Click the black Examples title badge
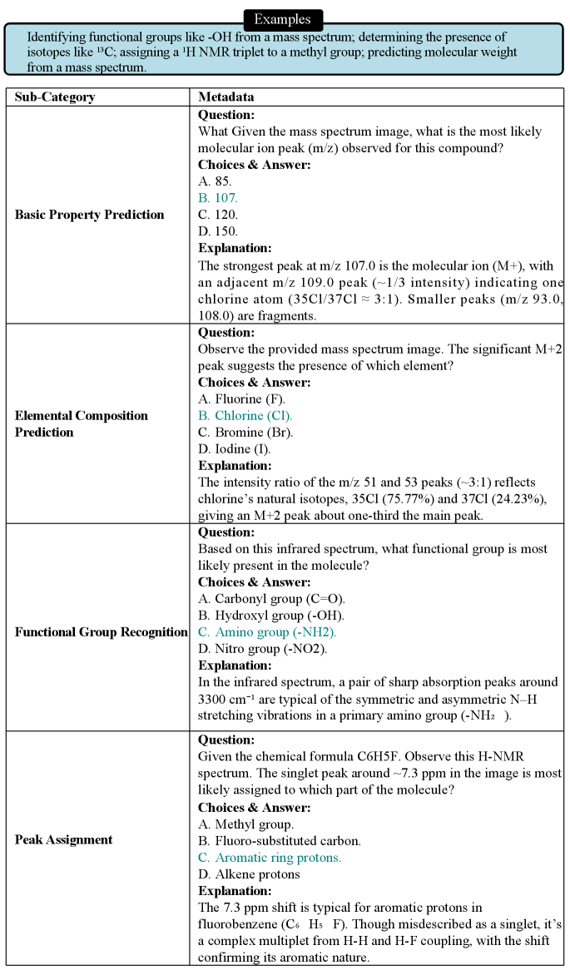point(282,19)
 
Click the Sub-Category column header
point(55,97)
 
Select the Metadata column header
point(226,97)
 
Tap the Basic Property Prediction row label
point(90,215)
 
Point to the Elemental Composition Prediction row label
point(82,423)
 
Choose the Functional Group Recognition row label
point(101,632)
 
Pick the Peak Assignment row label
point(64,839)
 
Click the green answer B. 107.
point(218,198)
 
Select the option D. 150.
point(218,231)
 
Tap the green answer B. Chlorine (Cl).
point(245,416)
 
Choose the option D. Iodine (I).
point(234,449)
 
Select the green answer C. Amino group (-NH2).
point(267,632)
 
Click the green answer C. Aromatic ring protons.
point(270,857)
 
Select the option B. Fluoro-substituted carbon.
point(280,840)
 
